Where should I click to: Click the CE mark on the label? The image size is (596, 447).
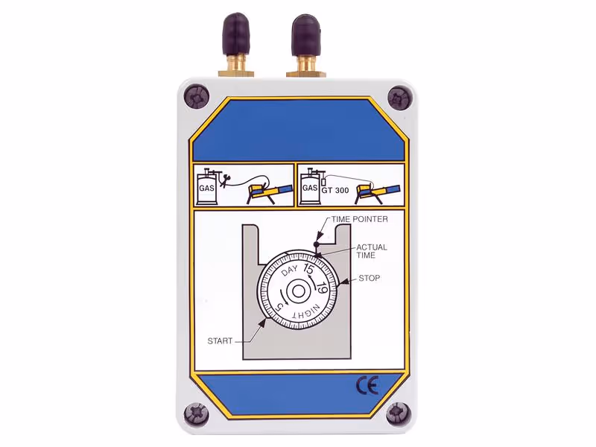click(x=367, y=387)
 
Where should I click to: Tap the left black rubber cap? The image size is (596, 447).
click(x=236, y=33)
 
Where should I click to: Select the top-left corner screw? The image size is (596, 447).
click(x=197, y=98)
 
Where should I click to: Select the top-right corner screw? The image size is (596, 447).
click(x=400, y=98)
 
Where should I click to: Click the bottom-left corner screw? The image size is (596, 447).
click(x=197, y=414)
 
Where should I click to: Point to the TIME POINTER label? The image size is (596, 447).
click(x=360, y=219)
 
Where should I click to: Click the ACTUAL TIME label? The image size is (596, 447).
click(x=371, y=251)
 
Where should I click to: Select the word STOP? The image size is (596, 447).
click(x=369, y=278)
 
